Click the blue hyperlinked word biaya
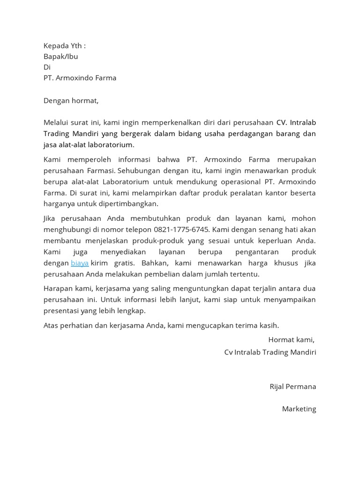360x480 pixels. pos(80,263)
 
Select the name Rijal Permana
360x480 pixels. pos(292,387)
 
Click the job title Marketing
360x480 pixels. pos(299,409)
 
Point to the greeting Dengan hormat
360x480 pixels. pos(71,100)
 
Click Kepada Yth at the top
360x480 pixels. pos(64,45)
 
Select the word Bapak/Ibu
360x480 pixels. pos(60,56)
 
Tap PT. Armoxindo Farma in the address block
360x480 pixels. pos(80,78)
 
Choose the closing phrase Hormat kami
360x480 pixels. pos(291,339)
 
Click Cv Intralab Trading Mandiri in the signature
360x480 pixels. pos(270,352)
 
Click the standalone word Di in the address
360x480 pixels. pos(47,67)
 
